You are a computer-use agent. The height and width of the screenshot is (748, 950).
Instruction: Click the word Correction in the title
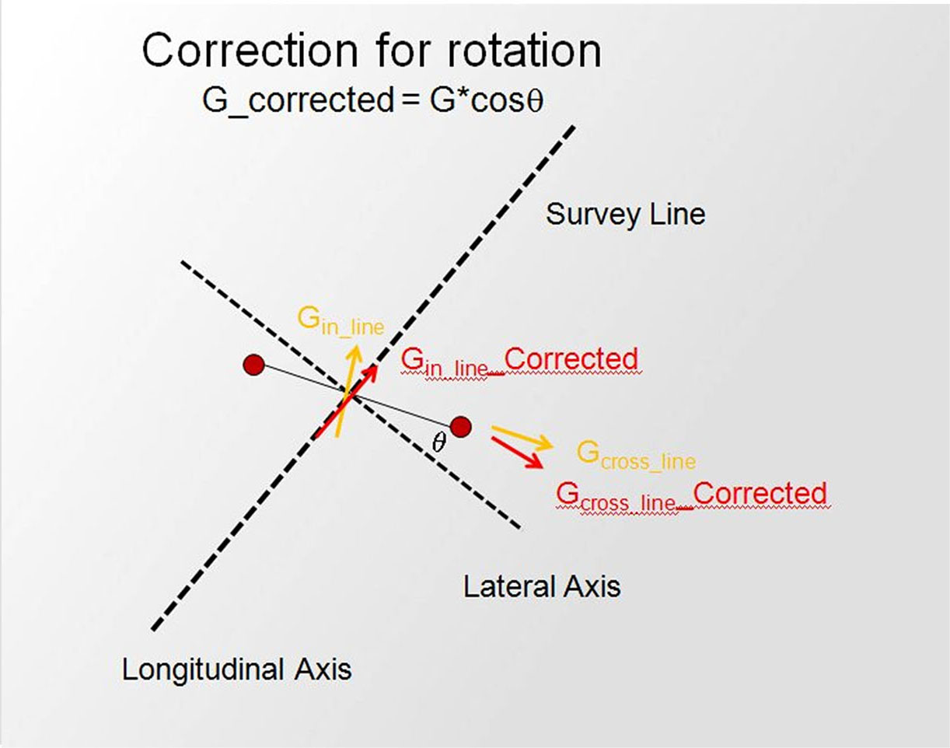coord(250,51)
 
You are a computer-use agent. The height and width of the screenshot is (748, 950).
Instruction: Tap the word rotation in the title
coord(524,51)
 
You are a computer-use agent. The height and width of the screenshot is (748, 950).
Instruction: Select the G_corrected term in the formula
coord(298,100)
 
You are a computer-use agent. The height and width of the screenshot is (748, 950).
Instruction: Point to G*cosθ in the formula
coord(486,100)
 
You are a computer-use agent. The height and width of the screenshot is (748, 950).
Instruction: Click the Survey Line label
coord(626,215)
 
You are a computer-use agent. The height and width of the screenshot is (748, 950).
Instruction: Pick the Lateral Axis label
coord(542,587)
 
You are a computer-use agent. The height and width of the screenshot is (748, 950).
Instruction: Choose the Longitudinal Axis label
coord(236,669)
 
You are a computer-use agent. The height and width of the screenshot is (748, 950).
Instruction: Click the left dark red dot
coord(254,365)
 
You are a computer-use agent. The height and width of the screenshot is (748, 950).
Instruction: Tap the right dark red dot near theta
coord(461,427)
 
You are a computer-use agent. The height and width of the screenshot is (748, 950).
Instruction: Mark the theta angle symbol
coord(438,442)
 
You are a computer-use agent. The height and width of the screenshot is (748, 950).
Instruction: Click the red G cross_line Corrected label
coord(691,495)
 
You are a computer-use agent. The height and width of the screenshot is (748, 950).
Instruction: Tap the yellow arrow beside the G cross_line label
coord(522,438)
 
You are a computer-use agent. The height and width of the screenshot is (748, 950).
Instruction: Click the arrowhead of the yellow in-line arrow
coord(355,352)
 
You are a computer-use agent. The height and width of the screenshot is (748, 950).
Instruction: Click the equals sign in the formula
coord(410,100)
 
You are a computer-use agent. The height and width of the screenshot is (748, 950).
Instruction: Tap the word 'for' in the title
coord(402,51)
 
